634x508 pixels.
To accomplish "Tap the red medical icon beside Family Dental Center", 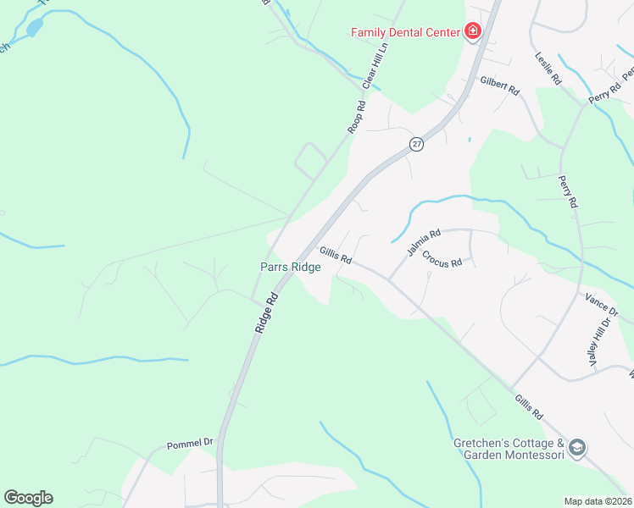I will point(472,33).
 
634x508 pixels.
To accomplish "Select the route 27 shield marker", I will point(416,144).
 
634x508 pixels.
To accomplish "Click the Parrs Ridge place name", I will point(290,267).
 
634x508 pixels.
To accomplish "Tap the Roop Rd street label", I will point(356,118).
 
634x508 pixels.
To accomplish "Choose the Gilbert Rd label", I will point(499,86).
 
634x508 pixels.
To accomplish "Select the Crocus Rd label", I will point(442,258).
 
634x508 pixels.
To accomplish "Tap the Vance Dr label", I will point(602,303).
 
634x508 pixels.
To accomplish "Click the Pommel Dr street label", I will point(190,444).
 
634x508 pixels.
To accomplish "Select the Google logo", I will point(28,498).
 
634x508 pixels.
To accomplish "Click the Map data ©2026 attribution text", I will point(598,501).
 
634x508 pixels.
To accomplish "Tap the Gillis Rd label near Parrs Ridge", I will point(336,255).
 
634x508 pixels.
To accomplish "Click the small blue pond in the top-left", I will point(34,28).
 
